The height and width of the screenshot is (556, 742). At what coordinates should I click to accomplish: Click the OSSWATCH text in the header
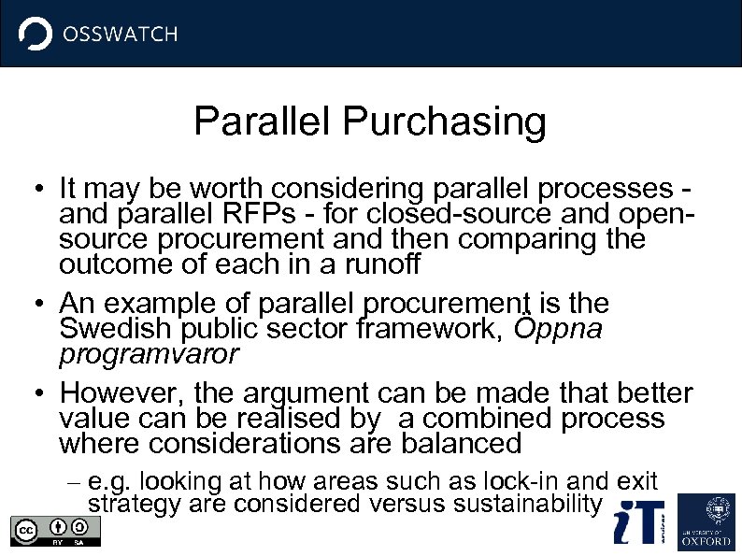[119, 35]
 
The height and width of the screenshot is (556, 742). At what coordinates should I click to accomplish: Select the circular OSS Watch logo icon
[36, 35]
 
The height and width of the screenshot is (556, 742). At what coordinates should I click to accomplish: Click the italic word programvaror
[150, 355]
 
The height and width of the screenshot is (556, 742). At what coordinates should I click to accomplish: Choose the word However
[121, 392]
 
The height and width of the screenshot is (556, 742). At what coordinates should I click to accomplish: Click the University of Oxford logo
[706, 521]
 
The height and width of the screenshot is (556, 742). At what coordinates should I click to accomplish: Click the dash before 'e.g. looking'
[75, 482]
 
